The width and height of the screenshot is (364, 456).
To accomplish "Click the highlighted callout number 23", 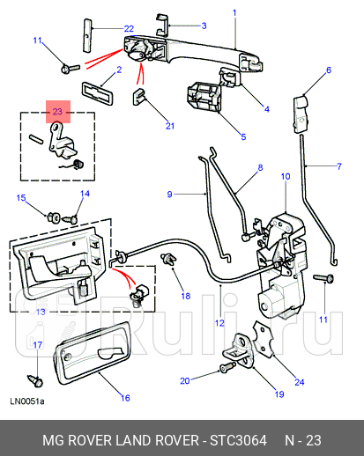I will click(x=57, y=112).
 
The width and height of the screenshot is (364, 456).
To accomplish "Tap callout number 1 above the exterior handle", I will click(x=234, y=12).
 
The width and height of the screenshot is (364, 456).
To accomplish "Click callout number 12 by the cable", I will click(x=219, y=323).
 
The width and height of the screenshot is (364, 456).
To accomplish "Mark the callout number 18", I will click(x=185, y=296).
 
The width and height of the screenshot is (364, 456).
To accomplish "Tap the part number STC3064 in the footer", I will click(x=234, y=439).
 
